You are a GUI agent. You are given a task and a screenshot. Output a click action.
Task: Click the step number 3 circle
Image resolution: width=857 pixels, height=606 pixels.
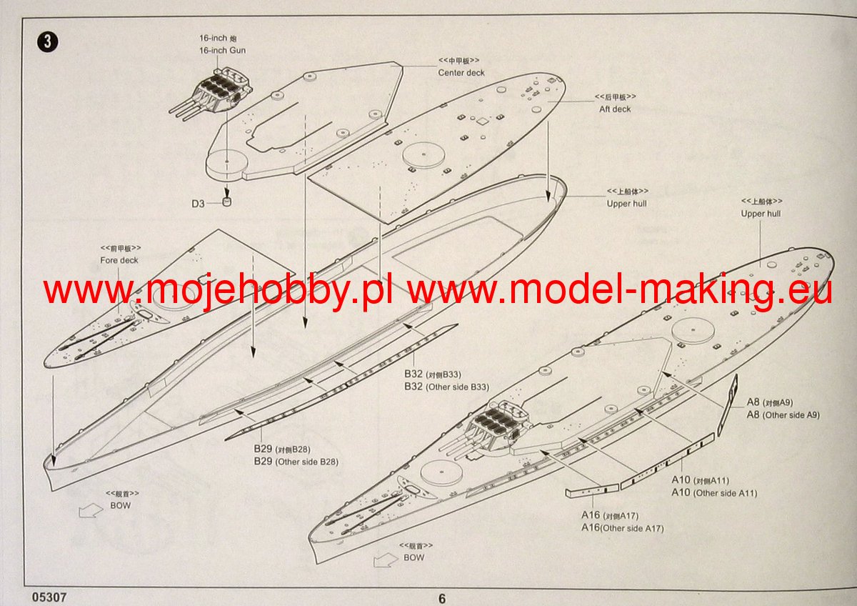[x=47, y=41]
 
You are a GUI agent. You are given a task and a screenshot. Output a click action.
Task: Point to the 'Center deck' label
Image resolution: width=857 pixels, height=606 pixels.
[x=461, y=73]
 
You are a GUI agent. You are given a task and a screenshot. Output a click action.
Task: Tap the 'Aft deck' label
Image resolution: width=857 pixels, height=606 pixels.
[x=615, y=109]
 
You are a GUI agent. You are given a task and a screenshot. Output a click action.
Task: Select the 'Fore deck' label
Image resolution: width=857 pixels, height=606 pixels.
[x=119, y=261]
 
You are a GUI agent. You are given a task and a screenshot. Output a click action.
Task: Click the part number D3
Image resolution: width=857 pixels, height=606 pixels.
[x=198, y=204]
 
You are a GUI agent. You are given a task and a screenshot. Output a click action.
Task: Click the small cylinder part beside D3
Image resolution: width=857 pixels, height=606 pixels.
[x=228, y=202]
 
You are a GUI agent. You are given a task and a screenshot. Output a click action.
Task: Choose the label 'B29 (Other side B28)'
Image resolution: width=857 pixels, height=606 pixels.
[x=296, y=462]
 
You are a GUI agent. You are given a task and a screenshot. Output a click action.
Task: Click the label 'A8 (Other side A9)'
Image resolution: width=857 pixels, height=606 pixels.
[x=783, y=414]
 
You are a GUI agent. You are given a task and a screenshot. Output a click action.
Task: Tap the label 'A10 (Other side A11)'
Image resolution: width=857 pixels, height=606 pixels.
[x=714, y=493]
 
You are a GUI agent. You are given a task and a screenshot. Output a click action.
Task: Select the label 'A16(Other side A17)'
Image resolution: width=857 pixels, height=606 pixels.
[x=622, y=528]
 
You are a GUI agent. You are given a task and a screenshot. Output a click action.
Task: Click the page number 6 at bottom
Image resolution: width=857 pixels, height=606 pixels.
[x=441, y=599]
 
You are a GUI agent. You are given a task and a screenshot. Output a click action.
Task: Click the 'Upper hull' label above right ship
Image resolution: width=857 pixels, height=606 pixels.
[x=761, y=214]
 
